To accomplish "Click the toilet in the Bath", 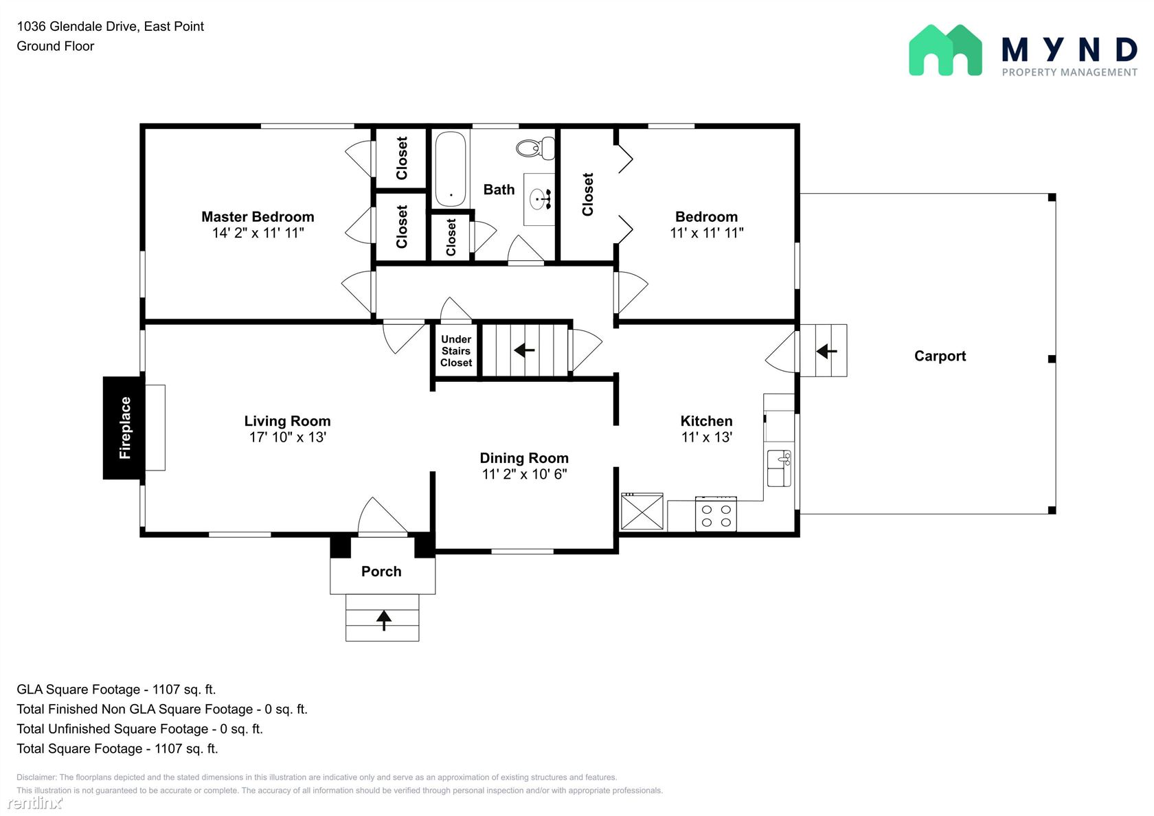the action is tap(536, 148).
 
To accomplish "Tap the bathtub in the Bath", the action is tap(451, 169).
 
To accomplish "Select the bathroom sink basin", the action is tap(539, 199).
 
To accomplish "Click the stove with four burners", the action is tap(716, 514).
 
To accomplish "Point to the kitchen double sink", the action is tap(779, 468).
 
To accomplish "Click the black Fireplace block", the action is tap(124, 428).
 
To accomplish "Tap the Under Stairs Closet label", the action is tap(456, 351).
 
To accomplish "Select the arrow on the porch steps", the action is tap(384, 620).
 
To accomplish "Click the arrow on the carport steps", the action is tap(826, 352).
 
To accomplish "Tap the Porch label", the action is tap(381, 571).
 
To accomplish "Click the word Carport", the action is tap(940, 356).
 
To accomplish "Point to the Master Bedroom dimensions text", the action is tap(258, 233).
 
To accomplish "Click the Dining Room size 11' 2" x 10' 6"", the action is tap(525, 474).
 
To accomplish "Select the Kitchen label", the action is tap(706, 421).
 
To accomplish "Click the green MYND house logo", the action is tap(945, 51).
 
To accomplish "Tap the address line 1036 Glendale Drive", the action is tap(110, 26).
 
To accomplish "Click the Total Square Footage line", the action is tap(117, 749).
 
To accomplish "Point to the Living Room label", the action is tap(287, 421).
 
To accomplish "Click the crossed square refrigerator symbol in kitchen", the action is tap(642, 512).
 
